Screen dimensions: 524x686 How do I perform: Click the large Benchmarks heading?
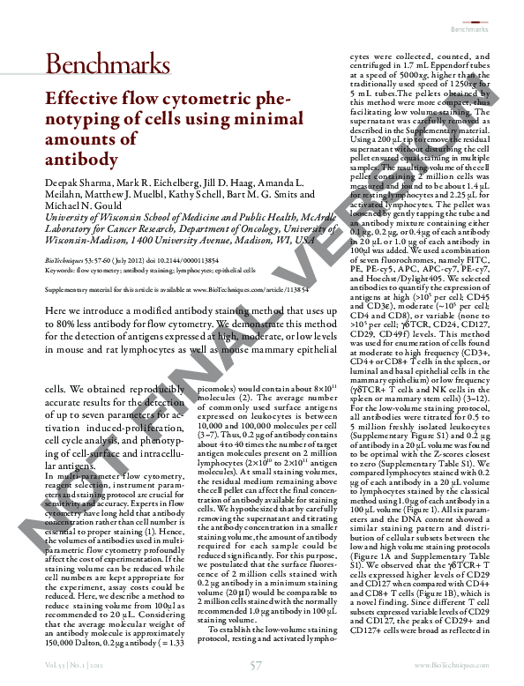click(107, 63)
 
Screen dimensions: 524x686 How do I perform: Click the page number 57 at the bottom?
click(256, 665)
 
